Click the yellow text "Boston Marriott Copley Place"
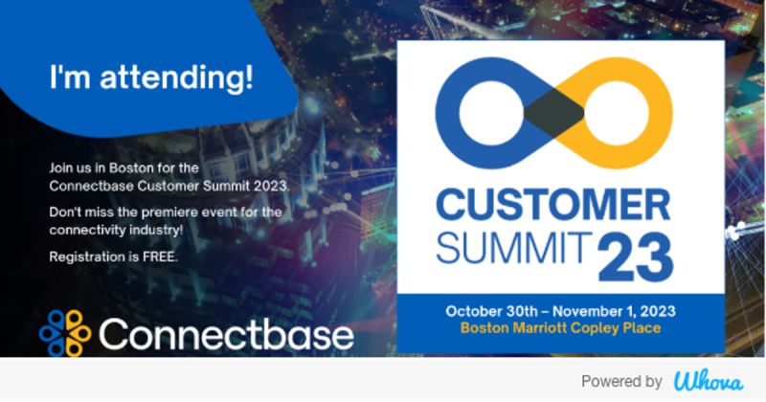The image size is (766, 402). (x=560, y=328)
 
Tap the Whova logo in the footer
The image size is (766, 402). (x=708, y=381)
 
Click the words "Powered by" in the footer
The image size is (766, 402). (x=621, y=381)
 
